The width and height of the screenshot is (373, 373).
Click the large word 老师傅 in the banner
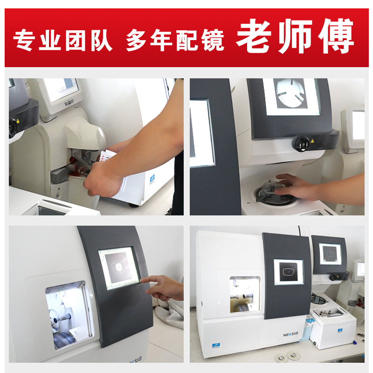click(295, 37)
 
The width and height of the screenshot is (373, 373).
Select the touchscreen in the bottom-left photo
click(119, 268)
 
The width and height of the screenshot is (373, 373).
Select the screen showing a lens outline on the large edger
click(288, 272)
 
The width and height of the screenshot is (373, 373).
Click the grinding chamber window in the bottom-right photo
click(245, 293)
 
